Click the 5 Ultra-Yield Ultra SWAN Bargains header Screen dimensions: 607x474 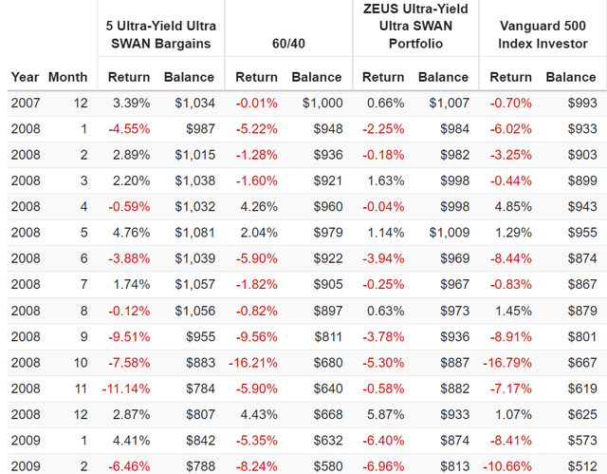click(x=161, y=34)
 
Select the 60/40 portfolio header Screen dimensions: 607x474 click(x=288, y=44)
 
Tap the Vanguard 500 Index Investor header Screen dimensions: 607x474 click(x=543, y=34)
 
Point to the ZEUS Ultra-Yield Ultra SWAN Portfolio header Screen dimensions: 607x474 click(x=415, y=26)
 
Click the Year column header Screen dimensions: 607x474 click(x=26, y=77)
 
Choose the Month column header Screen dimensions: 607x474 click(x=67, y=77)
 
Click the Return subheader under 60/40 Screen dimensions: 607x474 click(x=257, y=77)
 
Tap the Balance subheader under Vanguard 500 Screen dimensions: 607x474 click(x=571, y=77)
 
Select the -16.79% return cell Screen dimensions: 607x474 click(x=507, y=363)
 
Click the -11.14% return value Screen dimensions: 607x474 click(x=126, y=389)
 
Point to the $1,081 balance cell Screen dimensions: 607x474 click(x=194, y=233)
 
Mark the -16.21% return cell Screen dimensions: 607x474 click(x=253, y=363)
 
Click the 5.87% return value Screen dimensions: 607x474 click(x=386, y=415)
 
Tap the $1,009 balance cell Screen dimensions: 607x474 click(x=449, y=233)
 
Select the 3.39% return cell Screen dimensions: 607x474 click(x=131, y=104)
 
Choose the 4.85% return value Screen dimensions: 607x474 click(x=513, y=206)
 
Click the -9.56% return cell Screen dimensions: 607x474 click(x=257, y=337)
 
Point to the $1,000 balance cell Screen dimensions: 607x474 click(x=322, y=104)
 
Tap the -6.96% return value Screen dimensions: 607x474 click(x=383, y=466)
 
